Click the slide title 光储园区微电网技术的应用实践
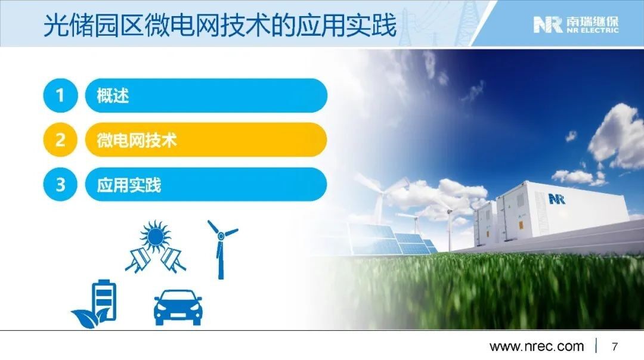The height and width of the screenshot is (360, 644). coord(219,25)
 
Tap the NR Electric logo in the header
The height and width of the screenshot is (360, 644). coord(575,24)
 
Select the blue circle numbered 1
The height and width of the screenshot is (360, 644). coord(60,95)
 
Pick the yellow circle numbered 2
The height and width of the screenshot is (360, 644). coord(60,139)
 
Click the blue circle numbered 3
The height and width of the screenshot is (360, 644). coord(60,184)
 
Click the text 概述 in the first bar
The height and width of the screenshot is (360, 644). coord(113,95)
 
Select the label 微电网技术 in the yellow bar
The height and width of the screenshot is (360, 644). coord(137,140)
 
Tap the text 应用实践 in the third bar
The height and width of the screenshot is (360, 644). coord(129,185)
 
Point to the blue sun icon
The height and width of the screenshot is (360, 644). coord(155,236)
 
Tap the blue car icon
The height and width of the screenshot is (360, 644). coord(178,308)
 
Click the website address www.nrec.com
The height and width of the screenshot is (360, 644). coord(537,346)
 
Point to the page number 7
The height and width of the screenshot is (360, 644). coord(614,347)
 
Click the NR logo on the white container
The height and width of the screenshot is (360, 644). coord(557,200)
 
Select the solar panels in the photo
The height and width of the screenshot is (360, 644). coord(392,240)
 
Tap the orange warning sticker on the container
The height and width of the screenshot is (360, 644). coord(521,225)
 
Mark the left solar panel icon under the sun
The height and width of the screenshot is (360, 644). coord(138,259)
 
